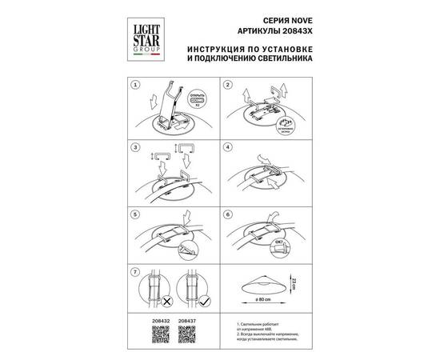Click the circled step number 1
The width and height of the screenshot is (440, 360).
pyautogui.click(x=135, y=84)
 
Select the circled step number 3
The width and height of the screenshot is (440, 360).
pyautogui.click(x=135, y=148)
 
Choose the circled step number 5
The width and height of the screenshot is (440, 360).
pyautogui.click(x=135, y=214)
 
